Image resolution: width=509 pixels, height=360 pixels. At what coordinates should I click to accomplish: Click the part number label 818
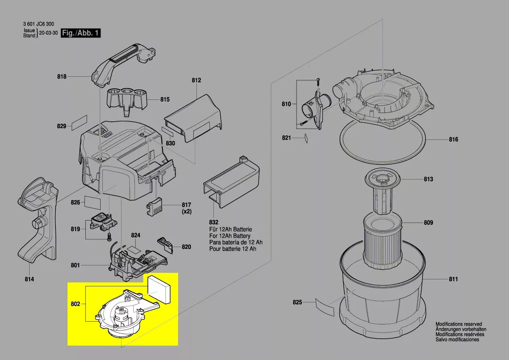[62, 77]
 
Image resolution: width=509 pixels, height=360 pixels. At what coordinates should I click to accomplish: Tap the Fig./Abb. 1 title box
[81, 34]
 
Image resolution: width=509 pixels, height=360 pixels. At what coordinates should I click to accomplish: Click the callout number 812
[196, 80]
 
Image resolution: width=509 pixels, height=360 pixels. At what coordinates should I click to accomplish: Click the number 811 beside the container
[453, 279]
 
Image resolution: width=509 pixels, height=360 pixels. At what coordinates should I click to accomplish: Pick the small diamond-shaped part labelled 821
[306, 138]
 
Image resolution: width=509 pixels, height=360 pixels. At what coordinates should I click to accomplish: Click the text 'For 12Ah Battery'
[230, 236]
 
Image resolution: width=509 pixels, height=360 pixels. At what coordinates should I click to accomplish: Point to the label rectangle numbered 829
[79, 125]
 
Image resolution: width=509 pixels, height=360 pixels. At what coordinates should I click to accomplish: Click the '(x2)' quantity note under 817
[186, 211]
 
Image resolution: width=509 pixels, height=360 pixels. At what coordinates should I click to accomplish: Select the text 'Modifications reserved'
[458, 324]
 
